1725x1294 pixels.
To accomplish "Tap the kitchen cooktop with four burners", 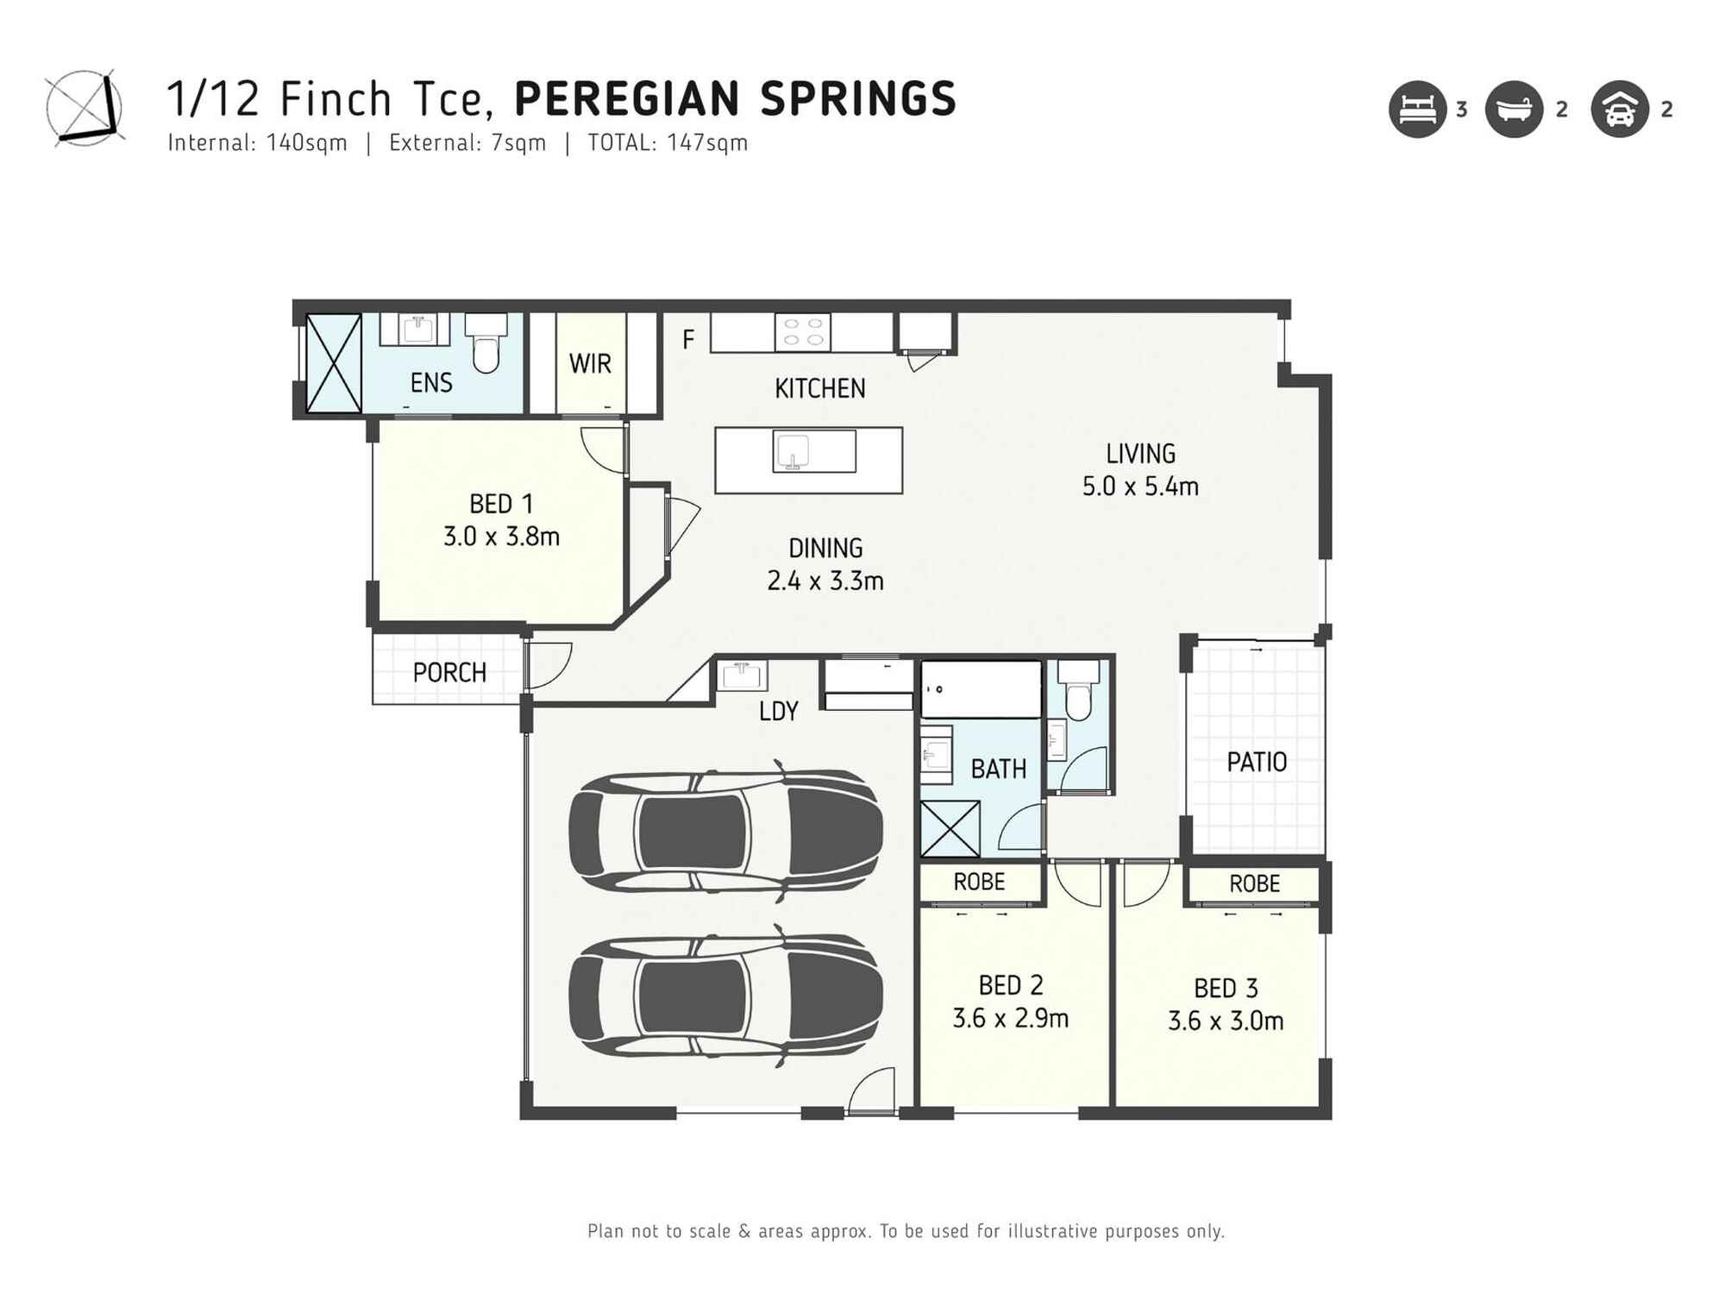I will point(802,332).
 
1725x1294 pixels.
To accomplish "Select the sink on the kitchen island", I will point(792,451).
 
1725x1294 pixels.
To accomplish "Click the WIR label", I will point(590,364).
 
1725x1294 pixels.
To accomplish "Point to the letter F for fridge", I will point(687,340).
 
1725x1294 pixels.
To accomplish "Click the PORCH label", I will point(448,673).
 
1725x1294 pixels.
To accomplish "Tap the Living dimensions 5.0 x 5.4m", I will point(1139,487).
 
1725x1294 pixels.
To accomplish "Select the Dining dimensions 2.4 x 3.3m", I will point(825,581).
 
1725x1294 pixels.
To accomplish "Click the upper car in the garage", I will point(724,832).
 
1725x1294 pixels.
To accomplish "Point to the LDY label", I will point(778,712).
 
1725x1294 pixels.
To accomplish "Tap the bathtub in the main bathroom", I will point(981,689).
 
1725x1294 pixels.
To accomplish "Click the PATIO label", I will point(1256,763).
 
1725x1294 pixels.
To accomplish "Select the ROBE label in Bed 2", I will point(979,882).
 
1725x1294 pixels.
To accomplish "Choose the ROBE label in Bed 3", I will point(1254,883).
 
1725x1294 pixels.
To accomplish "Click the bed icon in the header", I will point(1417,110).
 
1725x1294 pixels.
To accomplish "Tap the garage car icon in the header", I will point(1619,110).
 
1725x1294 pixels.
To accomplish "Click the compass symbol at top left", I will point(84,108).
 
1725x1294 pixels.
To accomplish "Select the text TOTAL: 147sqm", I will point(667,143).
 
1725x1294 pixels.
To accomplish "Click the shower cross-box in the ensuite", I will point(333,363).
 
